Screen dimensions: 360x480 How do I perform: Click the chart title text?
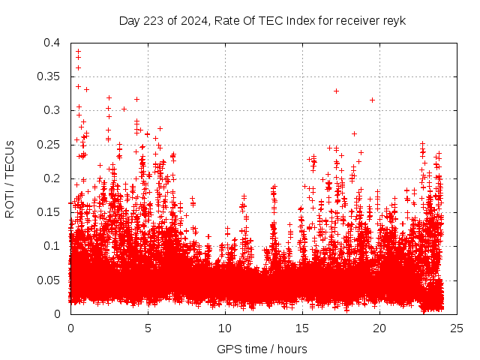pyautogui.click(x=262, y=20)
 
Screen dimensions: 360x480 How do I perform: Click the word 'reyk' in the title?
pyautogui.click(x=394, y=20)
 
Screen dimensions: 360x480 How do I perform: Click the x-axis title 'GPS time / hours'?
pyautogui.click(x=262, y=349)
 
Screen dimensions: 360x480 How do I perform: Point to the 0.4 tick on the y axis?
pyautogui.click(x=52, y=43)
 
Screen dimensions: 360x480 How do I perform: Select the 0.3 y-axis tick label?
pyautogui.click(x=52, y=110)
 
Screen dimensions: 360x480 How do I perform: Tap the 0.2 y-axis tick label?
pyautogui.click(x=52, y=178)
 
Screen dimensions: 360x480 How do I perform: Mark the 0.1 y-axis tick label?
pyautogui.click(x=52, y=246)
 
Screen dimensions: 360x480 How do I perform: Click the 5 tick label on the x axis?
pyautogui.click(x=148, y=328)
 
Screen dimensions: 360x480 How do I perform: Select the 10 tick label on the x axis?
pyautogui.click(x=225, y=328)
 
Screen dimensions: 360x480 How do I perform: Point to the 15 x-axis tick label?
pyautogui.click(x=302, y=328)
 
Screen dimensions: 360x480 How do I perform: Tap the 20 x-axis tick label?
pyautogui.click(x=379, y=328)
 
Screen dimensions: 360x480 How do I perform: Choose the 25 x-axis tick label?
pyautogui.click(x=457, y=328)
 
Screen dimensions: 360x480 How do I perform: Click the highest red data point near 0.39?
pyautogui.click(x=78, y=52)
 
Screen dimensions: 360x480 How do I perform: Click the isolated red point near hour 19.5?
pyautogui.click(x=372, y=100)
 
